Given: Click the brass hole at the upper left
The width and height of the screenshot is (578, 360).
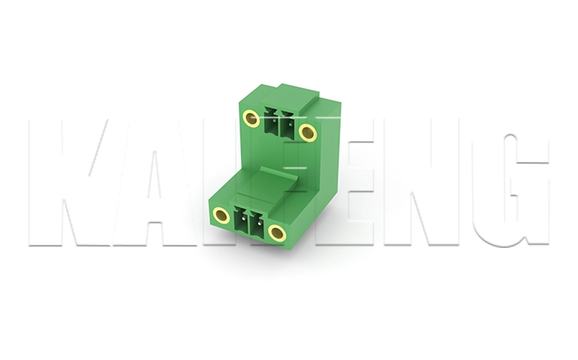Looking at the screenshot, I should [250, 118].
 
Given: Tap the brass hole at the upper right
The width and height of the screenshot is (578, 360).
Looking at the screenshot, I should [307, 131].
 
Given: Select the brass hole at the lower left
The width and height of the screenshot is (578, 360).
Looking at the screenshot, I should [222, 216].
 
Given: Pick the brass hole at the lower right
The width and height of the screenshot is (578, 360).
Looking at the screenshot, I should [277, 233].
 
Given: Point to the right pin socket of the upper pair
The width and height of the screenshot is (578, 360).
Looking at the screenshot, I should [285, 127].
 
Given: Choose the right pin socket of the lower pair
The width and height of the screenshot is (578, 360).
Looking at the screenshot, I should [255, 225].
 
